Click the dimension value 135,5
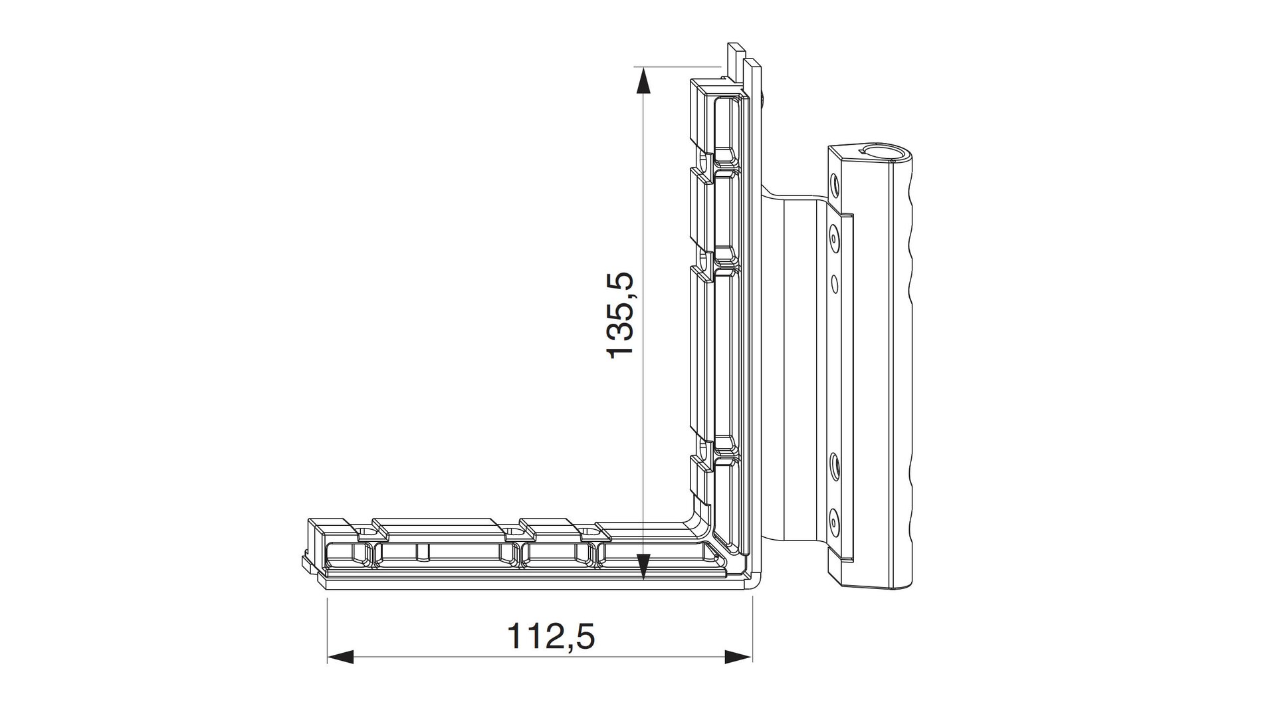point(622,314)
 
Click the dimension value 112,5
point(551,637)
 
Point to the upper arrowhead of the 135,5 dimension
point(642,83)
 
